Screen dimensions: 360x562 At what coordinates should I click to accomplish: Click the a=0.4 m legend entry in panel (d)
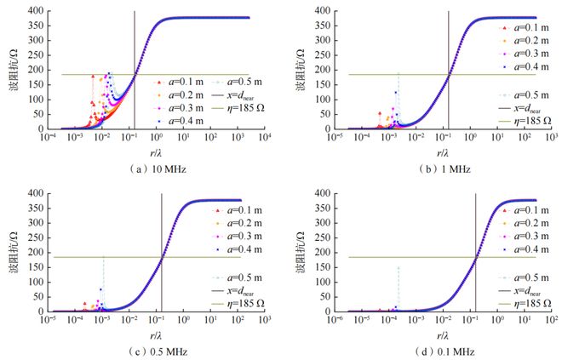tap(522, 249)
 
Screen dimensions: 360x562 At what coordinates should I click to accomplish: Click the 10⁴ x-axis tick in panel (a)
tap(265, 137)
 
